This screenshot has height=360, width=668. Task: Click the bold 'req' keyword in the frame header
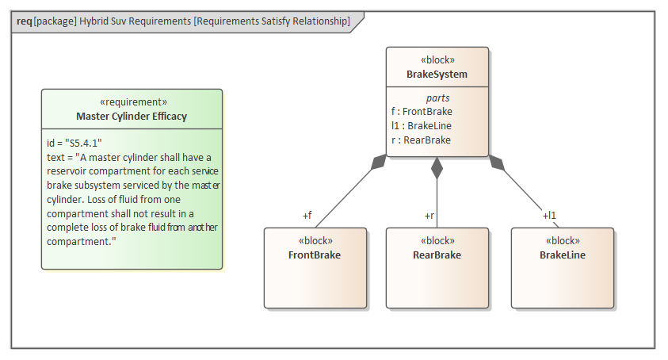click(x=24, y=21)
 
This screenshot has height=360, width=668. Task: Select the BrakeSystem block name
click(x=437, y=75)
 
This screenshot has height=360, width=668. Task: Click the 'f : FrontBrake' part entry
click(x=422, y=112)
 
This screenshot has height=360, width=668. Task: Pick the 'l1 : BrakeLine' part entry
click(x=422, y=126)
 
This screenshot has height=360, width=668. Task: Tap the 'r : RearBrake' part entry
click(x=421, y=140)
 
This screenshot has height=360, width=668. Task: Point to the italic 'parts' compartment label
click(x=437, y=98)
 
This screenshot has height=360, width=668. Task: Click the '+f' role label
click(x=307, y=215)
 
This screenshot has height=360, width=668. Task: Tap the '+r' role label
click(x=429, y=215)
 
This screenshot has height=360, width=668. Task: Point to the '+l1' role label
click(x=549, y=215)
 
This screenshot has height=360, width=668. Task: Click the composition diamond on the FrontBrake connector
click(x=380, y=163)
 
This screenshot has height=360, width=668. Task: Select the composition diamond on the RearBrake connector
click(x=437, y=167)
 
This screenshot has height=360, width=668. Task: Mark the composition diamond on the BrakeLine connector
click(x=496, y=163)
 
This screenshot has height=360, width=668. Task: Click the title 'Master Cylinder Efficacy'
click(x=132, y=117)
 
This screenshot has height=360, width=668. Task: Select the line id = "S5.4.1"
click(x=74, y=143)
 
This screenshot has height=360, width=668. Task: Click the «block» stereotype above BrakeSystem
click(x=437, y=60)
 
